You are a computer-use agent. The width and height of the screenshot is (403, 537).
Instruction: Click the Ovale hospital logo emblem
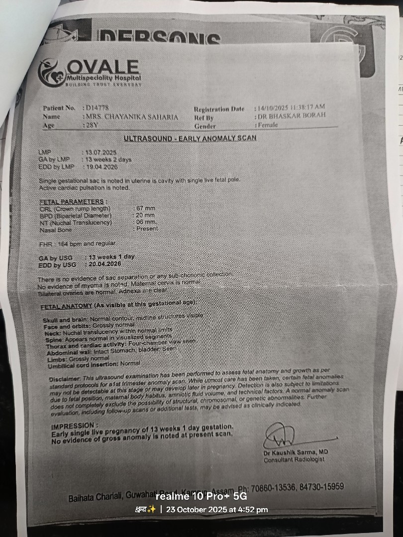52,73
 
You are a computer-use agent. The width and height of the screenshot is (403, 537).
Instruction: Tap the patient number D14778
97,107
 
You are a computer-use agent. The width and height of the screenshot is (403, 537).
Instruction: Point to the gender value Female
268,125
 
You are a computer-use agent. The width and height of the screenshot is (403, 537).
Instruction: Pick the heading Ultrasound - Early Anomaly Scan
190,138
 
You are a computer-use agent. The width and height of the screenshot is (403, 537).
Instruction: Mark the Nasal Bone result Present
147,229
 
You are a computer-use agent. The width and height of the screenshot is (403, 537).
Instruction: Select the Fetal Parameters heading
73,201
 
